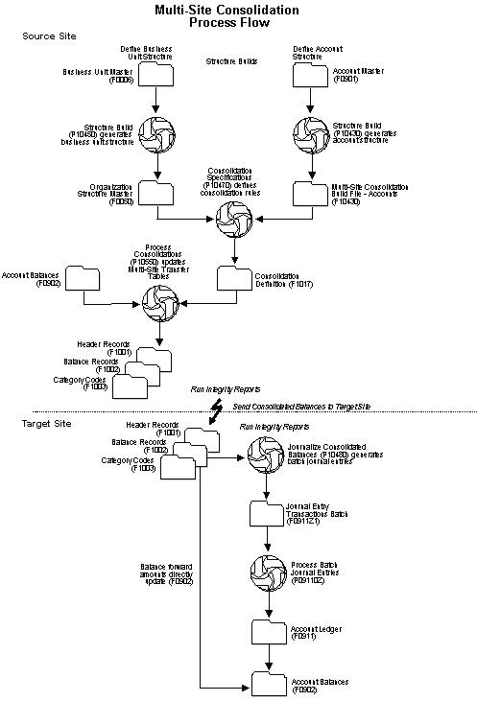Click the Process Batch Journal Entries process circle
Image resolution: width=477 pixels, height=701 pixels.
pos(266,570)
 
